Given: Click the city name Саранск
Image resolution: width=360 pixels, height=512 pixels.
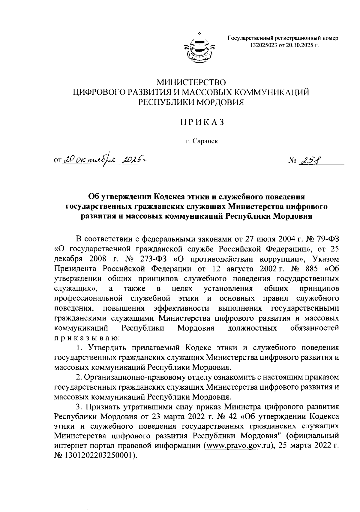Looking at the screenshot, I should (x=205, y=141).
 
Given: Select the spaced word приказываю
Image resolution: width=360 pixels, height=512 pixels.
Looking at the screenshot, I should (x=87, y=338).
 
